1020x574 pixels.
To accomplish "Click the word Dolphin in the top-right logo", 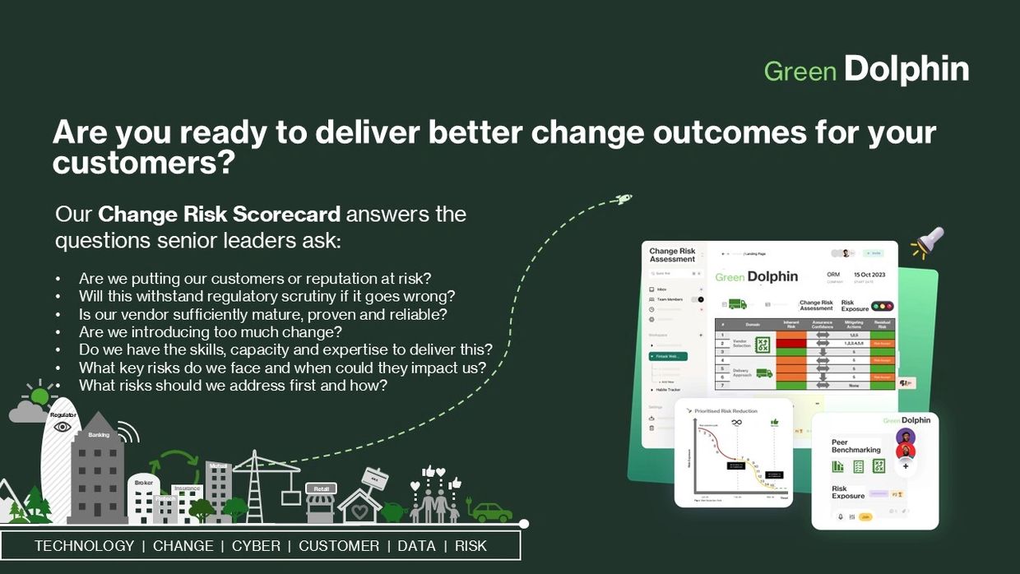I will click(x=906, y=70).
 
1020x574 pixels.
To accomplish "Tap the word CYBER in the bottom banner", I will click(x=256, y=546).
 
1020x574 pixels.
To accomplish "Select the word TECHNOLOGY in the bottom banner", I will click(x=84, y=546).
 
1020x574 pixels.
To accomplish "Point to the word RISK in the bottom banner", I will click(x=471, y=546).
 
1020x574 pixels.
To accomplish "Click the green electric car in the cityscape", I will click(x=491, y=512).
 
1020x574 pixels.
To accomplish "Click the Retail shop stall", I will click(x=320, y=502).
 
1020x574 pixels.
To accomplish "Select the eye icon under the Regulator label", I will click(x=63, y=427).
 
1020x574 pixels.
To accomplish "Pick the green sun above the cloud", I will click(x=39, y=396).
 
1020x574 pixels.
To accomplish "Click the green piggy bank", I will click(x=392, y=512).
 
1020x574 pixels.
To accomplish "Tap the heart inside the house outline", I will click(x=359, y=511).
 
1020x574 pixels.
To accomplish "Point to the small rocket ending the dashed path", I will click(x=624, y=199).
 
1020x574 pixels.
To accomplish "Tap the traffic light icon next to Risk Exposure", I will click(x=883, y=306).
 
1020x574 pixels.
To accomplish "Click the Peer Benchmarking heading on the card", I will click(x=855, y=445).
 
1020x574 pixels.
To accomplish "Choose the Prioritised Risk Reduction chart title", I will click(x=726, y=410).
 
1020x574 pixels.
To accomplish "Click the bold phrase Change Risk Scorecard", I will click(x=219, y=215).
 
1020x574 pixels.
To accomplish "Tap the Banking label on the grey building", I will click(x=99, y=434).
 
